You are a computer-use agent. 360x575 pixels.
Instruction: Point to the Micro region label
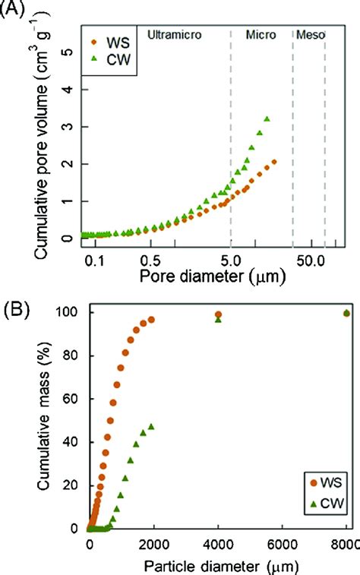261,35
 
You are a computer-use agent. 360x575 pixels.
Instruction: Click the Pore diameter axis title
213,277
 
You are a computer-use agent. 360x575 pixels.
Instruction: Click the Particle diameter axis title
221,566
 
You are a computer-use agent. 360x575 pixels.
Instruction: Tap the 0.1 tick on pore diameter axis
93,260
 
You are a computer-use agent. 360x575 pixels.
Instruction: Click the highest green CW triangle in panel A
267,119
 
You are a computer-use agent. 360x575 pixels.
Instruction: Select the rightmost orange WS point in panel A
274,162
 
